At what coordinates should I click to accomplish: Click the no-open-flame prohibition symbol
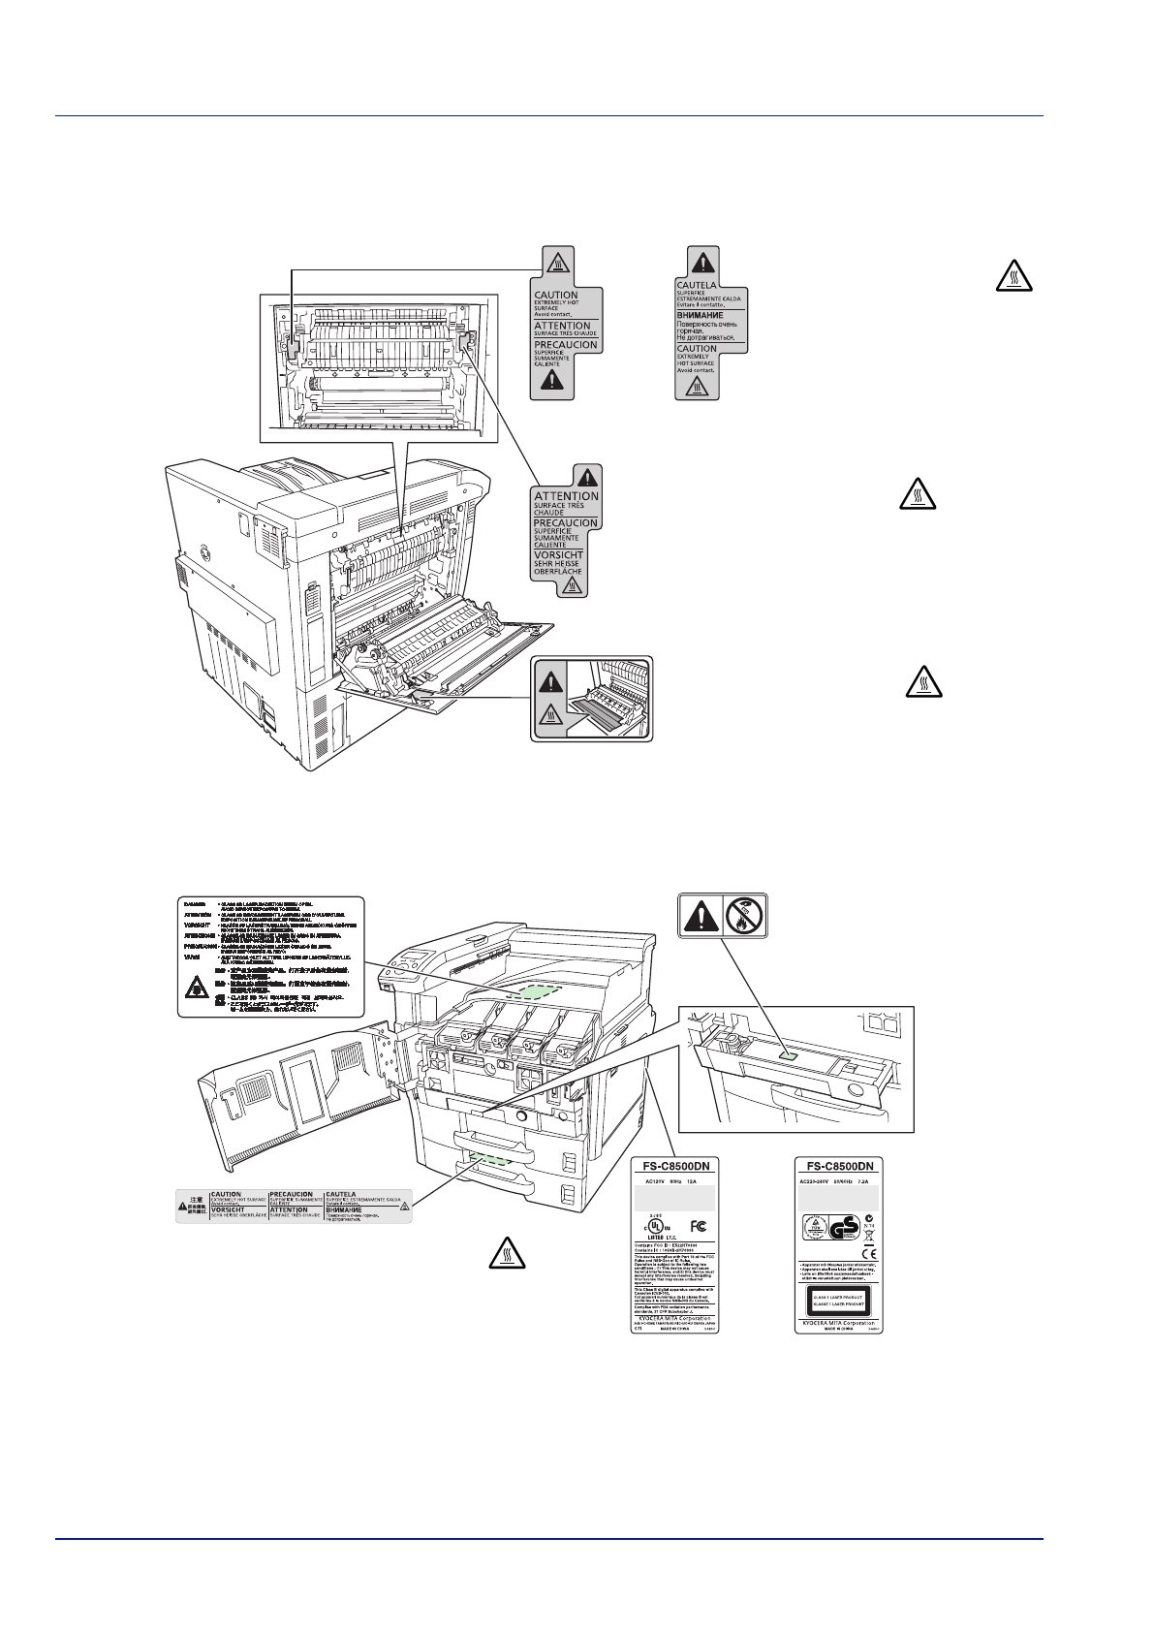pyautogui.click(x=745, y=915)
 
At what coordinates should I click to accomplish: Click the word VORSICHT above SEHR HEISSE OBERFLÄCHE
pyautogui.click(x=558, y=555)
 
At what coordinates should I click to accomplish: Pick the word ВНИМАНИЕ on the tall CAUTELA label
pyautogui.click(x=700, y=315)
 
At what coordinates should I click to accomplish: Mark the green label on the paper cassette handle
pyautogui.click(x=494, y=1159)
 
